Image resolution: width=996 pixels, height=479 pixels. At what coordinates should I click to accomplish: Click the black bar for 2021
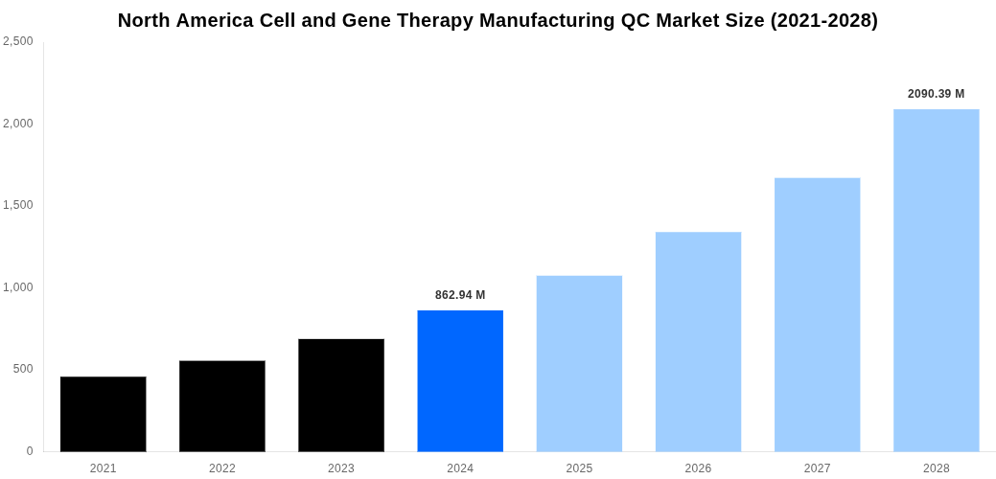pos(104,414)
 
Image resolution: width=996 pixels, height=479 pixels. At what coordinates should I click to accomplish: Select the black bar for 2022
pos(222,406)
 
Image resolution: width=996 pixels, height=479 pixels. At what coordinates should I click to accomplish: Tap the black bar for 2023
pos(341,395)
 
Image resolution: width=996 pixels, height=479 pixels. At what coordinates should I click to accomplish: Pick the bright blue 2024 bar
pos(460,380)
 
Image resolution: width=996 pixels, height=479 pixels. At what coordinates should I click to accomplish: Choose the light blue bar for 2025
pos(579,363)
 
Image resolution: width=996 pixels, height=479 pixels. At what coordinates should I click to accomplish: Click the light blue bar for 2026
pos(698,341)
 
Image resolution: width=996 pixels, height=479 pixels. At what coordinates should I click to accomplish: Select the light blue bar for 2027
pos(817,314)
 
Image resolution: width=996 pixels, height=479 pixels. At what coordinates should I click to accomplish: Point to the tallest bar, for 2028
pos(936,280)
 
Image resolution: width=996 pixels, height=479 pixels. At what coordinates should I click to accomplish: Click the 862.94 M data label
pos(460,295)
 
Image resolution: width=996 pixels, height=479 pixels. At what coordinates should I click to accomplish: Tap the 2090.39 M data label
pos(936,94)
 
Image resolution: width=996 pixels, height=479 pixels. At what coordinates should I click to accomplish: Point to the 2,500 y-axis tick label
pos(17,41)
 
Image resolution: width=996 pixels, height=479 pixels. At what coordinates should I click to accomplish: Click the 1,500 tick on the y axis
pos(17,205)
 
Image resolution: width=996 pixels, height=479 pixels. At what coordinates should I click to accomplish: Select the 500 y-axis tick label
pos(22,369)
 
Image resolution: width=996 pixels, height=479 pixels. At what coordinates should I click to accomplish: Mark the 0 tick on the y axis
pos(30,451)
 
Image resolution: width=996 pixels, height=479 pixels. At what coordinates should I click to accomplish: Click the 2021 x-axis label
pos(104,468)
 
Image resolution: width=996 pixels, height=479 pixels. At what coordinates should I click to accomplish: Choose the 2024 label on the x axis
pos(460,468)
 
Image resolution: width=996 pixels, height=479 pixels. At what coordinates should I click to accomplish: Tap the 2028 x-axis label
pos(936,468)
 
